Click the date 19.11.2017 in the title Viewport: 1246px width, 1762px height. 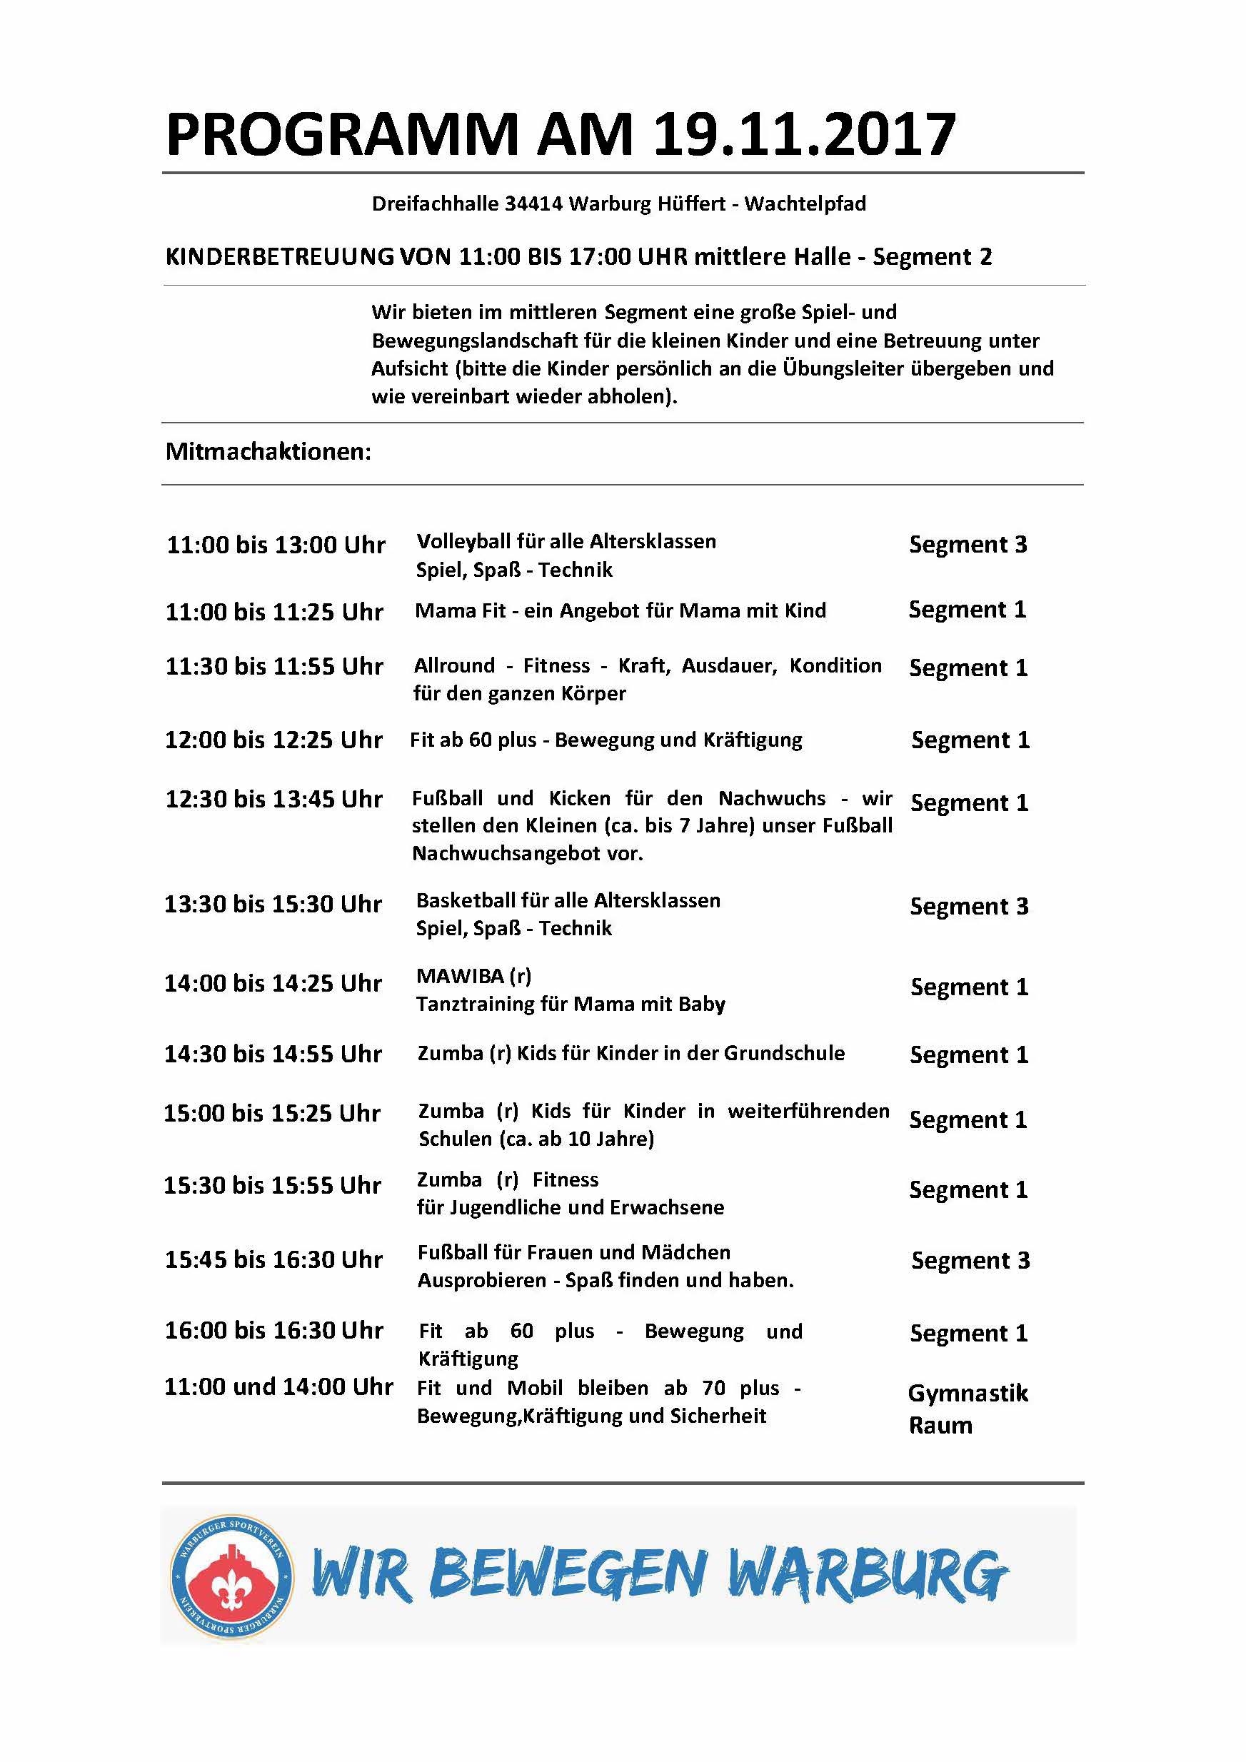click(x=804, y=135)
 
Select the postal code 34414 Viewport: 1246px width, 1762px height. click(x=533, y=203)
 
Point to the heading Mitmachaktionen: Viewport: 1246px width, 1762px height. click(x=268, y=451)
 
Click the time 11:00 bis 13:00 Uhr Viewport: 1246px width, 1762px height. click(x=276, y=545)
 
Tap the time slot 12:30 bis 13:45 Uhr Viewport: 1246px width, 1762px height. click(x=274, y=799)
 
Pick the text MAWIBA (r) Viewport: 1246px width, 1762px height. click(x=473, y=975)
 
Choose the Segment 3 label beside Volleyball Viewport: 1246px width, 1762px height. click(x=968, y=544)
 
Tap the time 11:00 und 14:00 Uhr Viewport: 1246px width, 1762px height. click(x=278, y=1386)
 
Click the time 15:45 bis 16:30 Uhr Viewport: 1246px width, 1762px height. click(x=274, y=1259)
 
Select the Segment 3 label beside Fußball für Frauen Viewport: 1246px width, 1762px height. click(x=970, y=1260)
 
